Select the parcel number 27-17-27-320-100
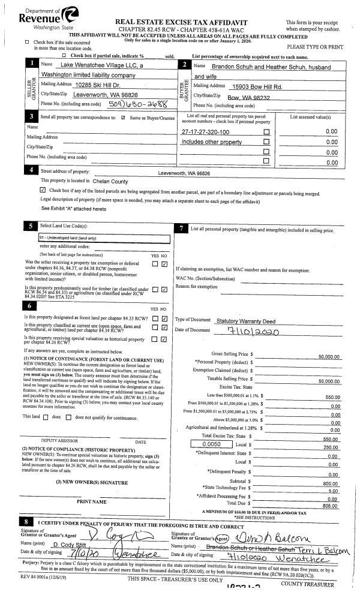205,131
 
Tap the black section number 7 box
181,229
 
